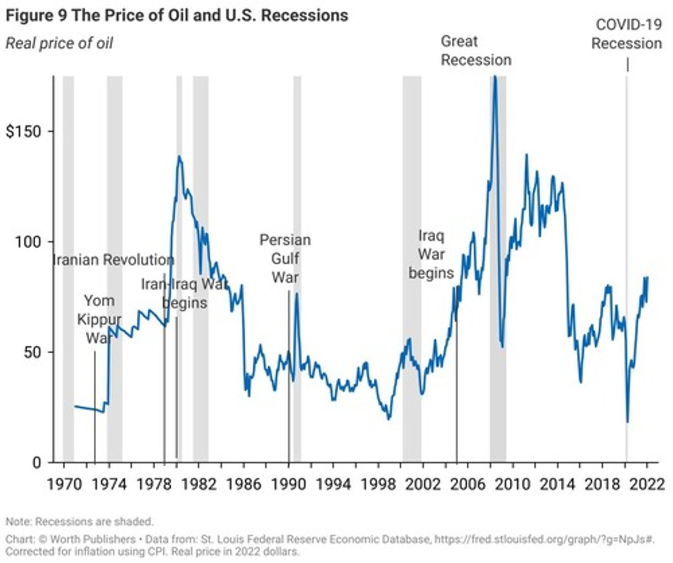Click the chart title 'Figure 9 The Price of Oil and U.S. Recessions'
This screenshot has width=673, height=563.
176,15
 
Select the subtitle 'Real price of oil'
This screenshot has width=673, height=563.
59,44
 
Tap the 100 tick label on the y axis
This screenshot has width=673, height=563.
29,242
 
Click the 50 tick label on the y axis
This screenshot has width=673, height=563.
32,352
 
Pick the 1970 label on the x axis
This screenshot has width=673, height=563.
65,484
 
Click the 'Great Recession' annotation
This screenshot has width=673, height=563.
476,51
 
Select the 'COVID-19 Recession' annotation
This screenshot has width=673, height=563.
627,34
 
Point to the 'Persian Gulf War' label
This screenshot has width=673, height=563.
285,259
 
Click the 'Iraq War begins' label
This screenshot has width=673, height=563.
431,254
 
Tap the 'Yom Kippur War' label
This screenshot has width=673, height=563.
99,319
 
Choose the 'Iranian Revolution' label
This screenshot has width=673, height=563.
113,259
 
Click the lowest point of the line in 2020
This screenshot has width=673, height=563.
628,422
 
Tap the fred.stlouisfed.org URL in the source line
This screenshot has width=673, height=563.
544,540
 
